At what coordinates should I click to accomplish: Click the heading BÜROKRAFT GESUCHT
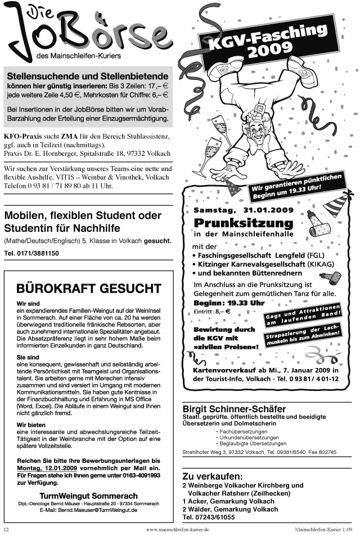click(89, 289)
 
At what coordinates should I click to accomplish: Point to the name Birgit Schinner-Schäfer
click(234, 408)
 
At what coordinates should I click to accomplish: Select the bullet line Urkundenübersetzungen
click(249, 437)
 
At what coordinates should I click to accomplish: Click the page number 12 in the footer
click(6, 529)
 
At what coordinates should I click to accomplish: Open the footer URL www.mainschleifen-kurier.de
click(177, 529)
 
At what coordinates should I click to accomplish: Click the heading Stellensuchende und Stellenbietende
click(87, 76)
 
